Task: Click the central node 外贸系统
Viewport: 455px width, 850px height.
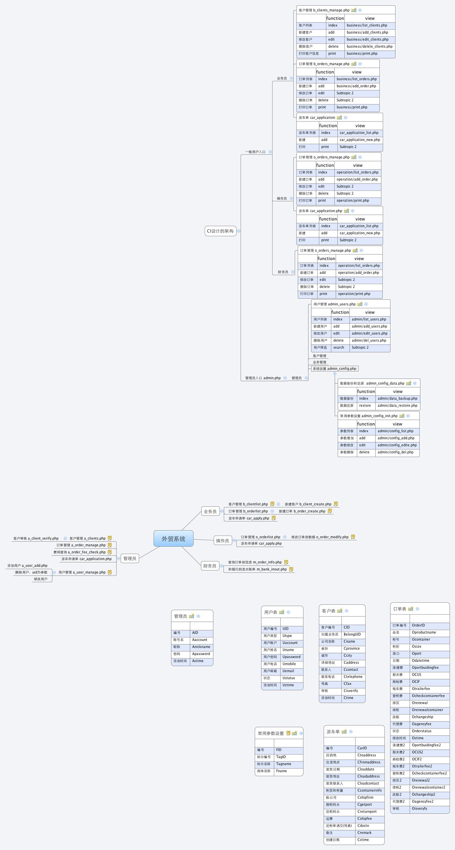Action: [173, 539]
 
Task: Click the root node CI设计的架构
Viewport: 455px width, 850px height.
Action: [220, 231]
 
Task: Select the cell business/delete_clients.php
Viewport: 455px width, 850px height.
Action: [369, 47]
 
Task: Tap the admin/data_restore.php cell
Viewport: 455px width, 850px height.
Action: [397, 406]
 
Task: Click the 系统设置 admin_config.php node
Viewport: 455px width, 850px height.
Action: [334, 368]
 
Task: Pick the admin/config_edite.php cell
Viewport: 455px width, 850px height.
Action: [397, 445]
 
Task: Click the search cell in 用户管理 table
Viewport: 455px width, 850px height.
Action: [339, 348]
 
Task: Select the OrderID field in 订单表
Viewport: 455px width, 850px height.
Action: [418, 625]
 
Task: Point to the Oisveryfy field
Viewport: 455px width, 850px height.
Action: [419, 808]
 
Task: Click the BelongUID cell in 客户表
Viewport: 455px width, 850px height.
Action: [352, 634]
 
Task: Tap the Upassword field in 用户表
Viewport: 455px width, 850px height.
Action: [291, 657]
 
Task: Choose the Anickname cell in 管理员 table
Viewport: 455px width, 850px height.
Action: [201, 647]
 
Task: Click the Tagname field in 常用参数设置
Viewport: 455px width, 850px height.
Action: [284, 764]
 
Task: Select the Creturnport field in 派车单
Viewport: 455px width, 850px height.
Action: [367, 811]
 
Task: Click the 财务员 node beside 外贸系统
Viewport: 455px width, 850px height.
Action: [210, 566]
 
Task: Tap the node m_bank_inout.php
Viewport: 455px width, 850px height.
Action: [257, 569]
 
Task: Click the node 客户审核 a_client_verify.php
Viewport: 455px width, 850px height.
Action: [36, 538]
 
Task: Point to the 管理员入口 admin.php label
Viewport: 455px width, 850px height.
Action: [263, 378]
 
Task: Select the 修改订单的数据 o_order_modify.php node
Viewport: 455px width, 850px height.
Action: [320, 537]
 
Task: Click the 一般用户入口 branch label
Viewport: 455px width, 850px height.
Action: [255, 152]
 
